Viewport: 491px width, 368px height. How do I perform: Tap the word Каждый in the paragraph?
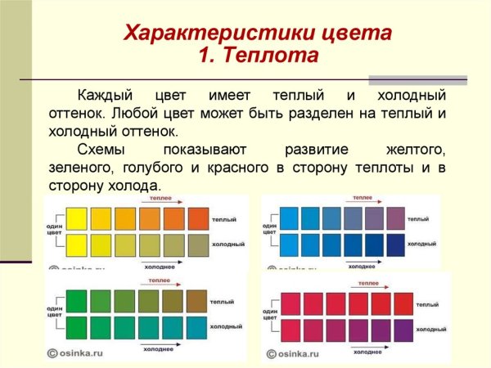point(103,96)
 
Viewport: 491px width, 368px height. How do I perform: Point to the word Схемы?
point(103,150)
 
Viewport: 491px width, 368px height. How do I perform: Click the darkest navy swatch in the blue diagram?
point(395,245)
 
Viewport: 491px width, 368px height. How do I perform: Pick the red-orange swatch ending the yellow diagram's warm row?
point(199,218)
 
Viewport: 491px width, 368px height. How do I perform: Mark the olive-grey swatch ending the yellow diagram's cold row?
point(199,245)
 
